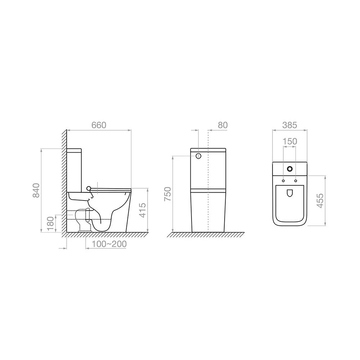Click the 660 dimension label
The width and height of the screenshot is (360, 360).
pyautogui.click(x=99, y=125)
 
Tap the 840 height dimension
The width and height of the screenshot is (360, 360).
pyautogui.click(x=36, y=190)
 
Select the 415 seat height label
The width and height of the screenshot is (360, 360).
pyautogui.click(x=143, y=210)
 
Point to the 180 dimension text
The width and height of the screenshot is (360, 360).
pyautogui.click(x=50, y=224)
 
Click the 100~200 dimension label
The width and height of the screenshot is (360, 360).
pyautogui.click(x=109, y=244)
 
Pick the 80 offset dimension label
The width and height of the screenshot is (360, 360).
pyautogui.click(x=222, y=125)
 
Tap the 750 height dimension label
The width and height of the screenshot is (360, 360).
pyautogui.click(x=168, y=194)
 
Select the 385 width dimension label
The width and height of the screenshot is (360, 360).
pyautogui.click(x=289, y=125)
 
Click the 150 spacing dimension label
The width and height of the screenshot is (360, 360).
pyautogui.click(x=289, y=141)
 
